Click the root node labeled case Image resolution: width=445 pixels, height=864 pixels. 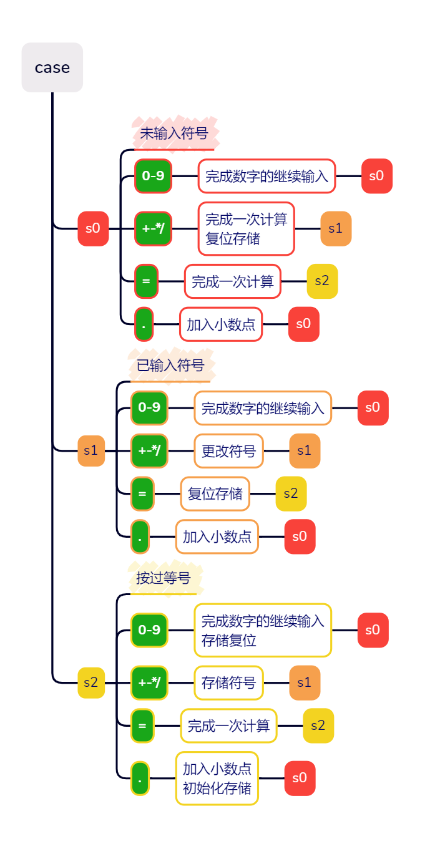click(52, 67)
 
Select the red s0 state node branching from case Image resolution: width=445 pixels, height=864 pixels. click(93, 228)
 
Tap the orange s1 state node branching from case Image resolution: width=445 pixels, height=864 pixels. click(91, 450)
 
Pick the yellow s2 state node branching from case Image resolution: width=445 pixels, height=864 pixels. click(91, 682)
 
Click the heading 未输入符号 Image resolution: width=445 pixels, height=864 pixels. click(174, 133)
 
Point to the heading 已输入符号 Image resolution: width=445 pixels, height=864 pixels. click(170, 366)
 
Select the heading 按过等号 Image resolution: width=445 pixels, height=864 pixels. click(164, 578)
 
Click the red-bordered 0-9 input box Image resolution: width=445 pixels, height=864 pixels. click(153, 176)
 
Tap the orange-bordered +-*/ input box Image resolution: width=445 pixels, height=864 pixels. click(149, 450)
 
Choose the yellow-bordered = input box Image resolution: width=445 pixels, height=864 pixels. click(142, 726)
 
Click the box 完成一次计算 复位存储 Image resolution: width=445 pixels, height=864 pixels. click(246, 228)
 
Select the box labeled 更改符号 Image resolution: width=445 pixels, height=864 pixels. click(228, 450)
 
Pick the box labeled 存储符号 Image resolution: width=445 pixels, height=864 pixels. click(228, 682)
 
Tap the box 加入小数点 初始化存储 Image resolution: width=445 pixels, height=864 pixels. click(217, 778)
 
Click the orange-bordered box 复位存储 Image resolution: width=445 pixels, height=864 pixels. click(215, 493)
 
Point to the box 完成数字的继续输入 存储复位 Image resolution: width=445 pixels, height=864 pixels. click(262, 630)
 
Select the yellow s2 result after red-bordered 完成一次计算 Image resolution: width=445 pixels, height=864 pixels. click(322, 281)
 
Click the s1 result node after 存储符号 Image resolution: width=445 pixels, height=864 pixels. click(305, 682)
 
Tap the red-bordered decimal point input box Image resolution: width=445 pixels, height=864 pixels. click(144, 324)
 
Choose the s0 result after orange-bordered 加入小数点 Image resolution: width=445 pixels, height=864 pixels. click(300, 536)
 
